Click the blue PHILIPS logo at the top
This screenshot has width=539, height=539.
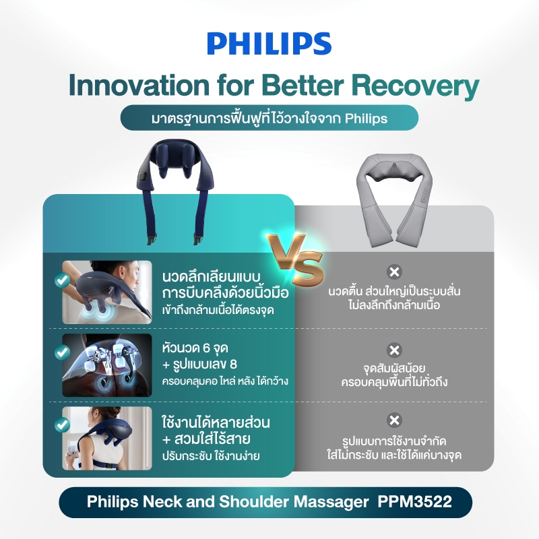coord(269,44)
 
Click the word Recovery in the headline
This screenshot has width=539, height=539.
coord(415,86)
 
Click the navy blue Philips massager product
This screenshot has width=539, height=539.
coord(176,191)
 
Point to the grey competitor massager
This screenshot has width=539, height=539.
coord(394,199)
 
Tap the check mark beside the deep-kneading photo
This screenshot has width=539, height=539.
coord(62,280)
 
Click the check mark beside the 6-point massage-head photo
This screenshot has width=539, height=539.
coord(62,352)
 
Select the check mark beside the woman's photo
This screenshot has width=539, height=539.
coord(62,425)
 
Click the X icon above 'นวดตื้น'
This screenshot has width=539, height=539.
coord(394,272)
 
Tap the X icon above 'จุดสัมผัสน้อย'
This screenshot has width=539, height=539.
coord(394,350)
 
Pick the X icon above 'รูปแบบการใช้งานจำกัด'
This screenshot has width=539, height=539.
coord(394,420)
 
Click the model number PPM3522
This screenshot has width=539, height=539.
coord(414,501)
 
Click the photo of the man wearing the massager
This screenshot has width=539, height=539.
coord(107,292)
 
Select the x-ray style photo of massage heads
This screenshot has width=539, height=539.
coord(107,365)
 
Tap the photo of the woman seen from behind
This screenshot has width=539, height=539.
coord(107,439)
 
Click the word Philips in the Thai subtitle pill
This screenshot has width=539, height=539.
coord(366,119)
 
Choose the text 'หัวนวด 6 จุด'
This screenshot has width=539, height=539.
coord(195,348)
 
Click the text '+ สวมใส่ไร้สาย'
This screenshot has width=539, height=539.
coord(206,439)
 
